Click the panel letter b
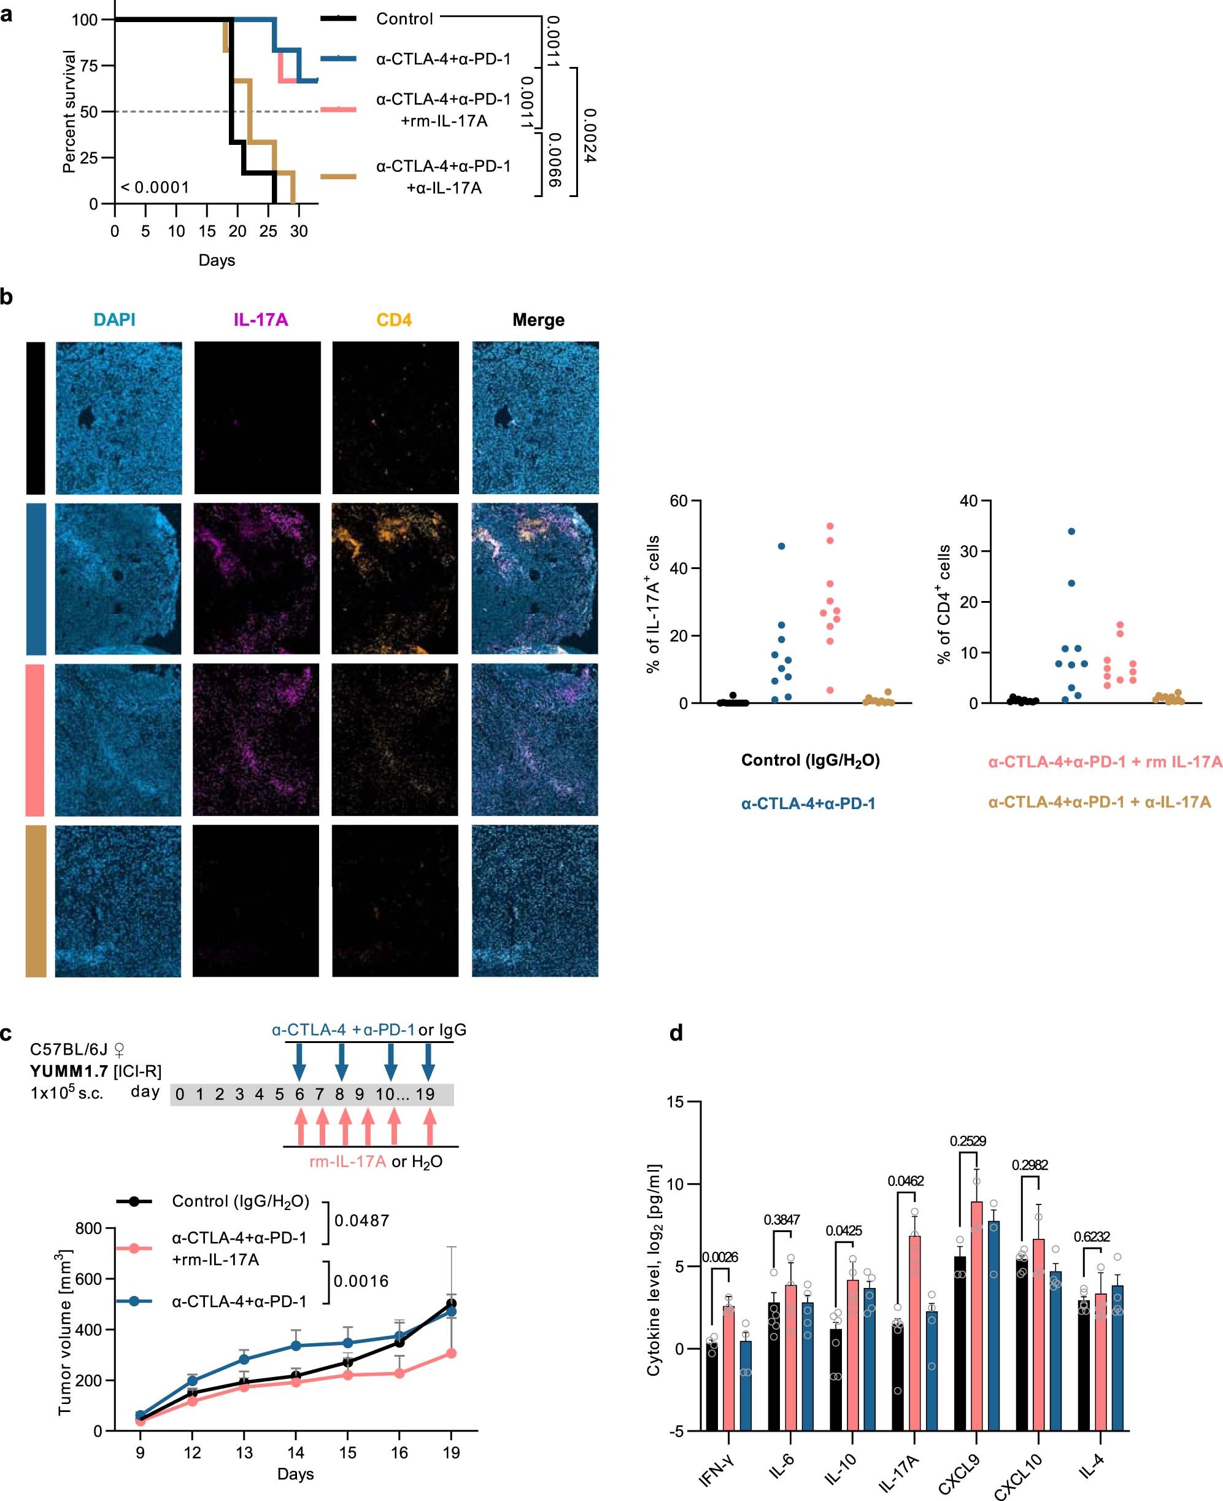point(6,297)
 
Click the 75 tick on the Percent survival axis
point(89,66)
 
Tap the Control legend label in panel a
point(404,19)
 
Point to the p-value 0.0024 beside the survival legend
point(590,136)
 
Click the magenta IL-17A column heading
point(261,320)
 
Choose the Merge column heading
point(538,320)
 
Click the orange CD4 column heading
point(394,320)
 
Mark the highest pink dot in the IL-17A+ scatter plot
point(830,526)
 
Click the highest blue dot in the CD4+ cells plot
point(1071,532)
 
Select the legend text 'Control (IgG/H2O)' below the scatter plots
point(810,761)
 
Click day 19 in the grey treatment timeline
point(425,1095)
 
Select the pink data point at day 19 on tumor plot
point(451,1353)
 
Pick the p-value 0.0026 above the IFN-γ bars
point(719,1257)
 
